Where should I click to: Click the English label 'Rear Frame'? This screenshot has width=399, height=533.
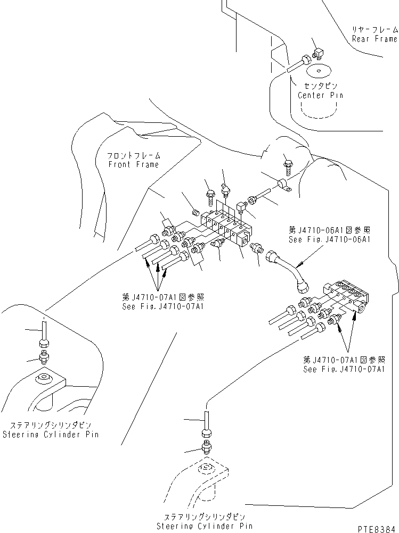click(x=374, y=39)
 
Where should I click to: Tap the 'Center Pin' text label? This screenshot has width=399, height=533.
click(x=320, y=95)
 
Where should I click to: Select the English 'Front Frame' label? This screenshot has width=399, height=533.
click(x=133, y=164)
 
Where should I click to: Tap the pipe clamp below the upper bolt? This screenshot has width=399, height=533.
click(x=283, y=185)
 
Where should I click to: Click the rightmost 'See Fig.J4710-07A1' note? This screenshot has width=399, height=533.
click(x=344, y=369)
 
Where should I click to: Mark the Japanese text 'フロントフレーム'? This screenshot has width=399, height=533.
click(x=133, y=156)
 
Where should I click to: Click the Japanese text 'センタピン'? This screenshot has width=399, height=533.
click(x=320, y=86)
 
